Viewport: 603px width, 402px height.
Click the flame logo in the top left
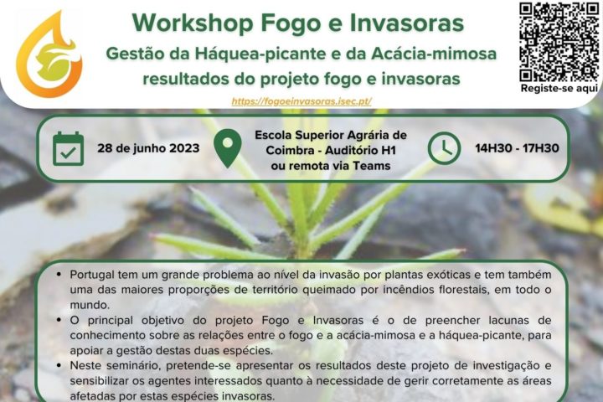click(49, 54)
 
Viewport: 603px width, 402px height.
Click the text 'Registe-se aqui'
click(559, 88)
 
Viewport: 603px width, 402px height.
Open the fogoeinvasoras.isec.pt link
click(301, 100)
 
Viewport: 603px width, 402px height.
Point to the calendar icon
click(68, 149)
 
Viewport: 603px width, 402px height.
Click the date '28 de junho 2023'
click(148, 148)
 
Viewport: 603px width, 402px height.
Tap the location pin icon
click(228, 149)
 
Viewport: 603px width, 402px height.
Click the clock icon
click(444, 149)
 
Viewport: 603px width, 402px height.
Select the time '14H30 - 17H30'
click(517, 148)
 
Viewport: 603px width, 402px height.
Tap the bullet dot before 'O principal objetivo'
click(57, 320)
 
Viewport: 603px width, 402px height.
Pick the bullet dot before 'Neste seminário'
click(57, 366)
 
